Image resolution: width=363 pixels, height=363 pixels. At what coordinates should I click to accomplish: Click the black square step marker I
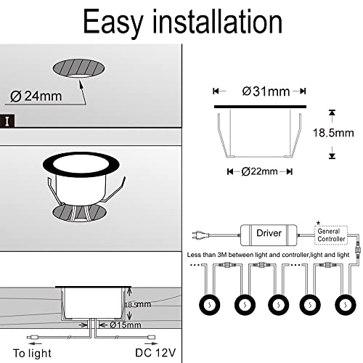[x=6, y=120]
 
